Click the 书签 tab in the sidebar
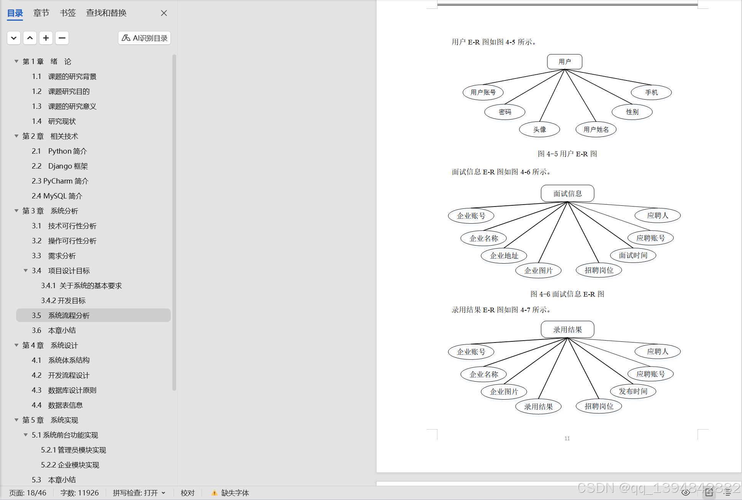(x=68, y=13)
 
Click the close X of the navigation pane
(x=164, y=13)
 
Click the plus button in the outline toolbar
(x=46, y=38)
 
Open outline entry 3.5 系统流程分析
(x=69, y=315)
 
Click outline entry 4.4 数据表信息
(x=65, y=405)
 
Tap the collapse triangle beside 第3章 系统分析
(x=16, y=211)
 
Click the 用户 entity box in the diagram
(x=565, y=62)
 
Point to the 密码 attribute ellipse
(x=504, y=112)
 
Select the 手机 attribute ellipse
(x=651, y=92)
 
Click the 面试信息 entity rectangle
(x=567, y=193)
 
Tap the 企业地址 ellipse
(x=504, y=256)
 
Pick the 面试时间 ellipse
(x=633, y=255)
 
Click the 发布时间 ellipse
(x=633, y=391)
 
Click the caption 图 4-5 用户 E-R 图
(x=567, y=154)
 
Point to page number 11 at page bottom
(x=567, y=438)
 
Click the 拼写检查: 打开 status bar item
(x=139, y=493)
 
